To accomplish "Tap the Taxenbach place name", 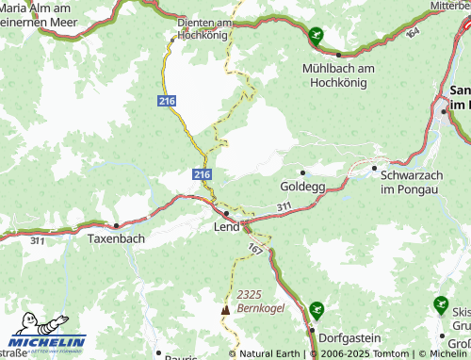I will coord(116,240).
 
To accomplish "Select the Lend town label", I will coord(227,227).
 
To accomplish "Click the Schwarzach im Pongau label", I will coord(417,182).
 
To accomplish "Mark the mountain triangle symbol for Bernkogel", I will coord(225,309).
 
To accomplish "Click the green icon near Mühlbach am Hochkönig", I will coord(318,36).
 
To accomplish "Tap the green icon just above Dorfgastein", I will coord(317,307).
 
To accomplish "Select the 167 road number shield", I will coord(255,247).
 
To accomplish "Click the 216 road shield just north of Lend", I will coord(203,174).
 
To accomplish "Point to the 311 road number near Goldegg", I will coord(284,206).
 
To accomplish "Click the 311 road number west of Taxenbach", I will coord(37,241).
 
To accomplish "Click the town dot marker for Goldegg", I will coord(301,172).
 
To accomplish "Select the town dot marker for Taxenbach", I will coord(116,226).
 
